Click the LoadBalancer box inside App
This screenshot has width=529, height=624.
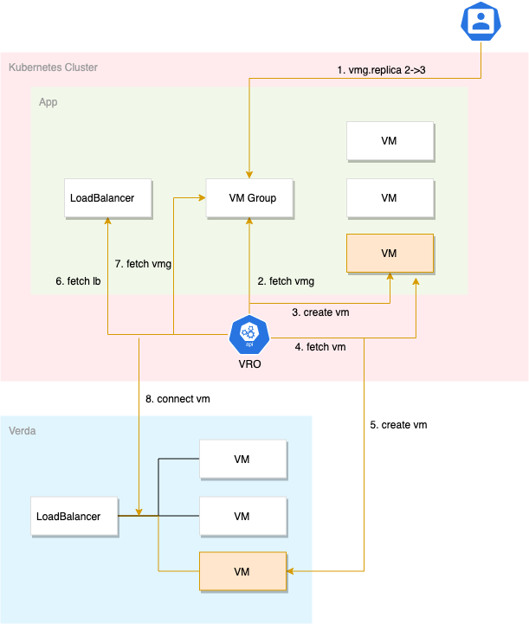click(x=107, y=198)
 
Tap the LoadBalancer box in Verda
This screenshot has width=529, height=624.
click(x=74, y=517)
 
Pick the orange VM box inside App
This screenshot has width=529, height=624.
click(x=389, y=253)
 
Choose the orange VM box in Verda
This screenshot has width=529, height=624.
click(x=242, y=571)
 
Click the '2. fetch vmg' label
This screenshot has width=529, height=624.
click(x=286, y=281)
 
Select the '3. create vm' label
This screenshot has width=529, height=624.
click(x=320, y=312)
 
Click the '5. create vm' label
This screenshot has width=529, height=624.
click(x=398, y=425)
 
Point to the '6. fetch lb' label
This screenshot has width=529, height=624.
click(x=79, y=281)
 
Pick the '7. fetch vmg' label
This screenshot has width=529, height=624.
click(x=143, y=264)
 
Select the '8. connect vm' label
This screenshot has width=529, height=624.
click(x=177, y=399)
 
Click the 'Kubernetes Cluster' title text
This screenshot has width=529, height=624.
click(x=53, y=67)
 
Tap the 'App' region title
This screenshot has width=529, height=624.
click(x=48, y=102)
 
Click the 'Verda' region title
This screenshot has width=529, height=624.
click(x=23, y=430)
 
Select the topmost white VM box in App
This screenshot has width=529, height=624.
click(x=389, y=141)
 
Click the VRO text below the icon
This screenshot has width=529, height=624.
click(x=249, y=364)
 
